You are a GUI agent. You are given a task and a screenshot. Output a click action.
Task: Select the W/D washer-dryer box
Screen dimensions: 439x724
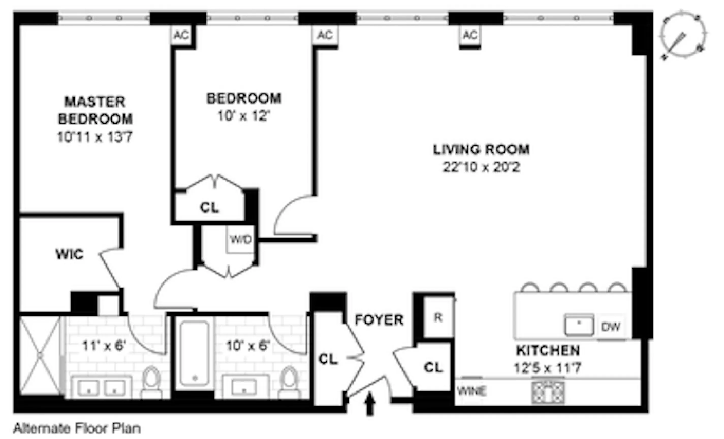tap(241, 239)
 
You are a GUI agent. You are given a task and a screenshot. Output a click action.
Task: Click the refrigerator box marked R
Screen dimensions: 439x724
tap(438, 317)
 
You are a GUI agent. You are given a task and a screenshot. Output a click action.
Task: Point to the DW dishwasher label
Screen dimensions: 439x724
tap(611, 327)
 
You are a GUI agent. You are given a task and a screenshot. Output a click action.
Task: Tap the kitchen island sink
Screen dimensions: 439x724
tap(578, 324)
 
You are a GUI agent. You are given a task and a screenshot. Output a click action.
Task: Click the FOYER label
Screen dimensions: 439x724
tap(379, 320)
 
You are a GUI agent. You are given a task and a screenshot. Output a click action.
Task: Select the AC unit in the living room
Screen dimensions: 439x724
tap(469, 36)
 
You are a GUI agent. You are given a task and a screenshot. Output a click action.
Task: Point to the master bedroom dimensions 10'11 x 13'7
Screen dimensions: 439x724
tap(95, 137)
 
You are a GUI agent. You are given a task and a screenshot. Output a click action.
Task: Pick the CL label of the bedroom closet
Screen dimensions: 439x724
tap(209, 207)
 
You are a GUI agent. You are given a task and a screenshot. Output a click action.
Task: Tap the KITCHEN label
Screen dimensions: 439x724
tap(548, 350)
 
